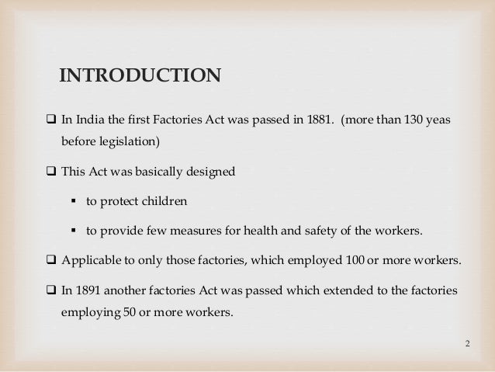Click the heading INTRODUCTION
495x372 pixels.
click(x=140, y=75)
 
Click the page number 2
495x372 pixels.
click(x=468, y=342)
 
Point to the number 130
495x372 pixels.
click(x=414, y=123)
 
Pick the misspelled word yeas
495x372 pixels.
click(x=439, y=123)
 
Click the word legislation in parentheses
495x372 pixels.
click(x=132, y=143)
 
